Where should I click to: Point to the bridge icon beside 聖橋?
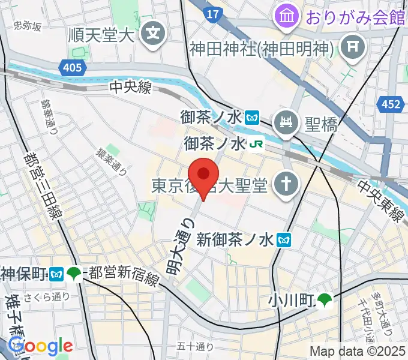[x=287, y=124]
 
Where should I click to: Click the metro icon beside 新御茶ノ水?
[x=284, y=241]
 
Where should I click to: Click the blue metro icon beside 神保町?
[x=58, y=274]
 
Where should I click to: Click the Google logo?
[x=41, y=346]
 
